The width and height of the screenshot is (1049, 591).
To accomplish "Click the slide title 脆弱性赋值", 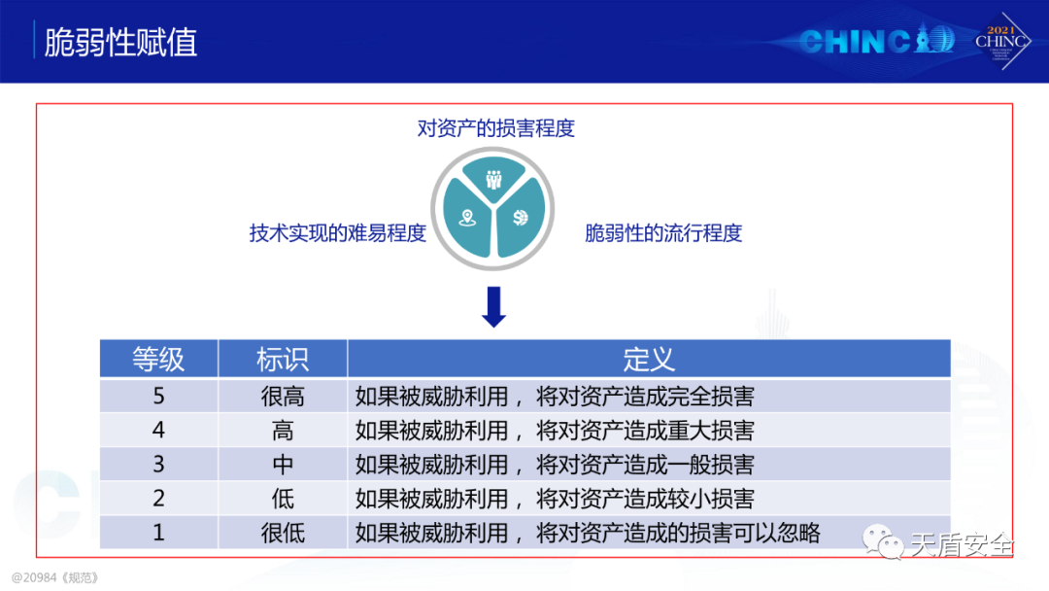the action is pos(120,42).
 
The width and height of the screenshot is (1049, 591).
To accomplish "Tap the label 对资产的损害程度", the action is pos(495,128).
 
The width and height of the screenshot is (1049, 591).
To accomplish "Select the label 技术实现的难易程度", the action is pos(338,233).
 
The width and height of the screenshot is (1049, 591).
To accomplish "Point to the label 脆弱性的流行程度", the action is pos(663,233).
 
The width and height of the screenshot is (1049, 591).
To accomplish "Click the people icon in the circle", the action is pos(493,180).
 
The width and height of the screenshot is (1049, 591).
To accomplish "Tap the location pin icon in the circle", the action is pos(467,218).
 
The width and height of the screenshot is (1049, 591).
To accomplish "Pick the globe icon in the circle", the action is pos(520,218).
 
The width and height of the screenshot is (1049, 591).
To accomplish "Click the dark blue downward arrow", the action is pos(493,306).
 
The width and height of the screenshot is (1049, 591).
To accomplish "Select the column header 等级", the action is pos(158,359).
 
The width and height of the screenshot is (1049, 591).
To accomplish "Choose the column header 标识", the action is pos(283,359).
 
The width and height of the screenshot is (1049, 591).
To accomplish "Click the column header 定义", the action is pos(649,359).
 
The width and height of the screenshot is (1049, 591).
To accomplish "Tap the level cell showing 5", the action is pos(158,397).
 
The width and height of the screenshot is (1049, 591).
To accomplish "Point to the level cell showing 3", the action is pos(158,464).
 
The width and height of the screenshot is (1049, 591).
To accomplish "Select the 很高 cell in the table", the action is pos(283,397).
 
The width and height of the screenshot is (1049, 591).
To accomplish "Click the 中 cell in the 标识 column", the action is pos(283,464).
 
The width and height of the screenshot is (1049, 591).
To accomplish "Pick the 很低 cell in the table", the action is pos(283,533).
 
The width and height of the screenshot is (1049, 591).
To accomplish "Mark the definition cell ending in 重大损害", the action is pos(555,431).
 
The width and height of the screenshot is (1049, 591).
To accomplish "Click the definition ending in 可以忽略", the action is pos(588,533).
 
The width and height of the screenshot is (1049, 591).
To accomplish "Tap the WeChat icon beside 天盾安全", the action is pos(883,541).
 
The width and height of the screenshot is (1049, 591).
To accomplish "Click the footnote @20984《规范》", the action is pos(54,577).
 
